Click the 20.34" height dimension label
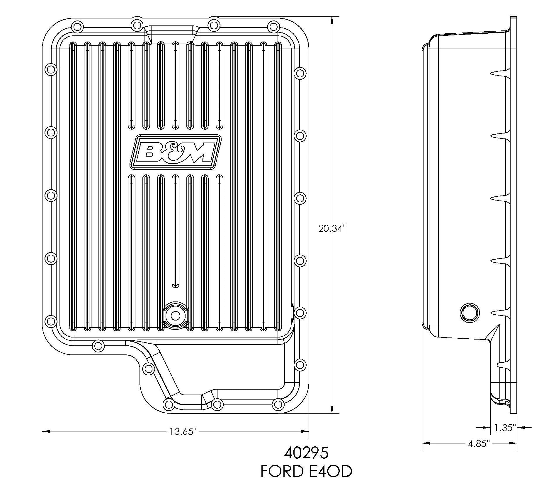(x=332, y=229)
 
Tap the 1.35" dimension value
(x=505, y=428)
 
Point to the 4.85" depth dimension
(x=479, y=443)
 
